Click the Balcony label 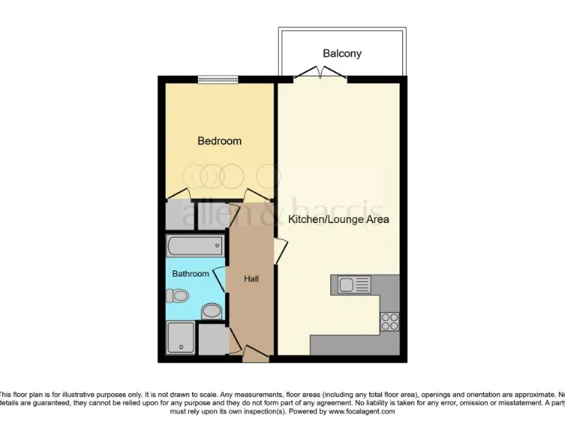pyautogui.click(x=342, y=54)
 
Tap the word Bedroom pyautogui.click(x=219, y=141)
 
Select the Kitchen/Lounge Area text pyautogui.click(x=338, y=219)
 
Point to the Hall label pyautogui.click(x=252, y=278)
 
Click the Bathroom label pyautogui.click(x=191, y=273)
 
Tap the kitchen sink pyautogui.click(x=355, y=283)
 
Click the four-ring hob pyautogui.click(x=389, y=322)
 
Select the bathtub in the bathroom pyautogui.click(x=195, y=245)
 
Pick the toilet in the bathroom pyautogui.click(x=177, y=296)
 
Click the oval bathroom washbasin pyautogui.click(x=212, y=311)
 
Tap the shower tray pyautogui.click(x=180, y=338)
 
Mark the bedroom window pyautogui.click(x=218, y=79)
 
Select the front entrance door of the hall pyautogui.click(x=254, y=356)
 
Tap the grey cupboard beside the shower pyautogui.click(x=213, y=339)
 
